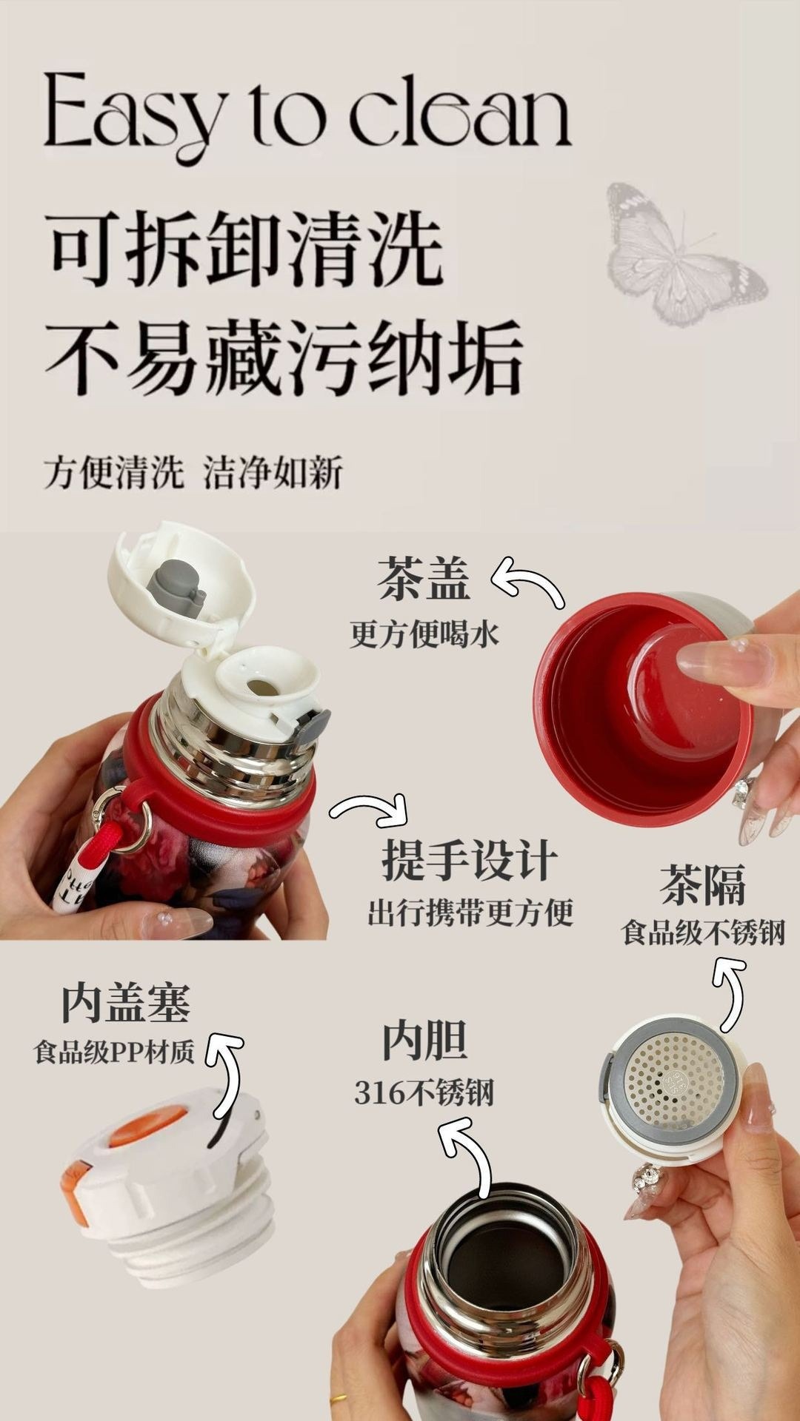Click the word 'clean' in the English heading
459,111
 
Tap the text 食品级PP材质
115,1051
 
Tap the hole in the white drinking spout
259,687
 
